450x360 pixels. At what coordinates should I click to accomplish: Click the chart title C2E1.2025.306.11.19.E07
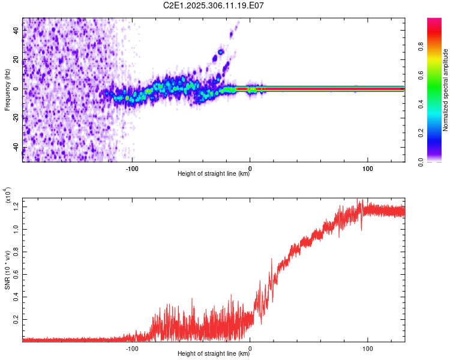coord(214,5)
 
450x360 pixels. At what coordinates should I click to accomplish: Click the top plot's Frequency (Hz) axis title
coord(7,90)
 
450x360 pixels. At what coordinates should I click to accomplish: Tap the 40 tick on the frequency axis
coord(16,31)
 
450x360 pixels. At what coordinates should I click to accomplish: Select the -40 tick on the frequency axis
coord(16,148)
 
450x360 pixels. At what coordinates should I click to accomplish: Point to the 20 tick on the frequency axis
coord(16,60)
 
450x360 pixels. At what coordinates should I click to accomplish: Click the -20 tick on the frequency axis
coord(16,118)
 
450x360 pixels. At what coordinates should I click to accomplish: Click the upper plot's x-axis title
coord(214,175)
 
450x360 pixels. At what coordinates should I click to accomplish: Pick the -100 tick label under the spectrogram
coord(132,167)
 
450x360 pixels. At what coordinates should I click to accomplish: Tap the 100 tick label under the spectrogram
coord(367,167)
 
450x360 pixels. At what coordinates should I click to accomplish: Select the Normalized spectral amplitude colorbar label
coord(445,90)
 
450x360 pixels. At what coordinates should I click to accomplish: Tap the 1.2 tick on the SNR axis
coord(16,206)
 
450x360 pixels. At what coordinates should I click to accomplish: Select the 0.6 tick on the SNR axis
coord(16,274)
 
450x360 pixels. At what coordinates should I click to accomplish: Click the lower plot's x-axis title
coord(214,354)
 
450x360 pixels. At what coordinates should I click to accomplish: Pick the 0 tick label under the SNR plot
coord(250,347)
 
